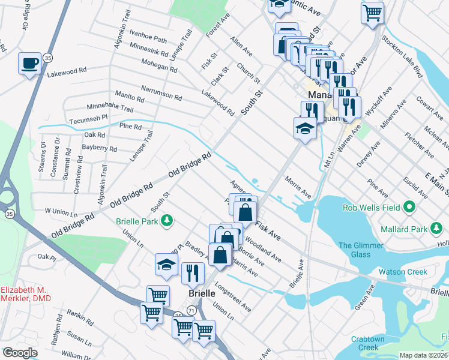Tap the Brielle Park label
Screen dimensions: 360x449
click(x=137, y=221)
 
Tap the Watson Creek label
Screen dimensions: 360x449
click(x=402, y=272)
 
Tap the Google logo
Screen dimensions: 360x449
click(x=20, y=353)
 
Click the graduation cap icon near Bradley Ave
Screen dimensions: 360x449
click(x=166, y=265)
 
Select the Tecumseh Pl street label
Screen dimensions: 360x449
click(x=87, y=117)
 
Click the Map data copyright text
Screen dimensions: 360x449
click(x=423, y=355)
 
